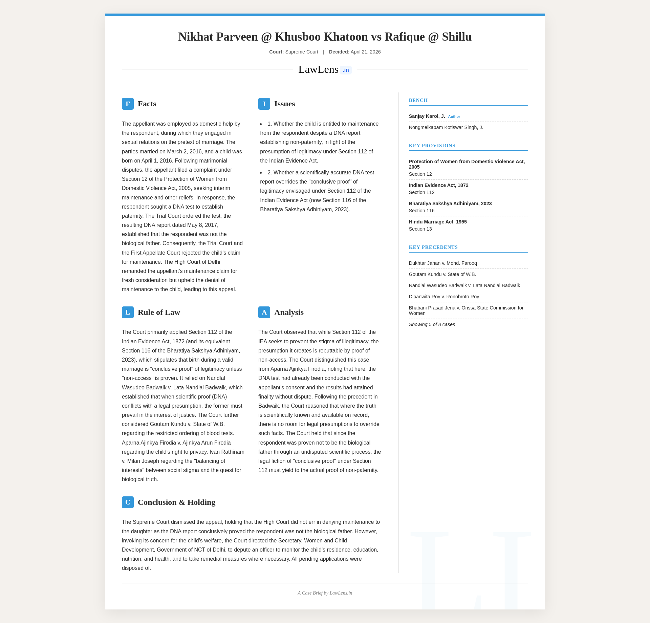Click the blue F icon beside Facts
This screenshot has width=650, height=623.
coord(128,104)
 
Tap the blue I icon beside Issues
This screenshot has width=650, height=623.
coord(264,104)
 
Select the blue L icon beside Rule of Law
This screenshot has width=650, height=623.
coord(128,312)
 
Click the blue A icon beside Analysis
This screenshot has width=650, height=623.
coord(264,312)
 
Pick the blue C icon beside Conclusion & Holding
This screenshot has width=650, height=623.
coord(128,502)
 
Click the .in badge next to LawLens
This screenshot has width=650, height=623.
coord(346,70)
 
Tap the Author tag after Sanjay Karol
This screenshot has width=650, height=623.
coord(454,116)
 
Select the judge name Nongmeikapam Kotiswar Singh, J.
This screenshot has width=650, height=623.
coord(446,127)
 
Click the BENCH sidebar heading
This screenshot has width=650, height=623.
coord(418,100)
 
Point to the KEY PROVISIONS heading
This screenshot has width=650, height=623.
coord(432,146)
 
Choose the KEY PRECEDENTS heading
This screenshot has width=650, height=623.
coord(433,247)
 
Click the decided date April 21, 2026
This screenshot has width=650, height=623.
coord(366,52)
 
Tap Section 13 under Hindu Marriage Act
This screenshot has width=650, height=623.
coord(420,229)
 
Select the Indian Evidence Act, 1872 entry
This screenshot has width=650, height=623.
coord(438,185)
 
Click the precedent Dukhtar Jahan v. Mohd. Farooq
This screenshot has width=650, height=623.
coord(443,263)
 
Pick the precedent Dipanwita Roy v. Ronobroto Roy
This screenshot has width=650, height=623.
coord(444,297)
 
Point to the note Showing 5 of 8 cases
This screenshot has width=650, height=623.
coord(432,324)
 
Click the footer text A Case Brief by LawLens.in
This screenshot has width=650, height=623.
coord(325,593)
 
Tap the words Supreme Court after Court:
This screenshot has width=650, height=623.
coord(302,52)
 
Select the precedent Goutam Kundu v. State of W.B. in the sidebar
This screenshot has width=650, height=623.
coord(442,274)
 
